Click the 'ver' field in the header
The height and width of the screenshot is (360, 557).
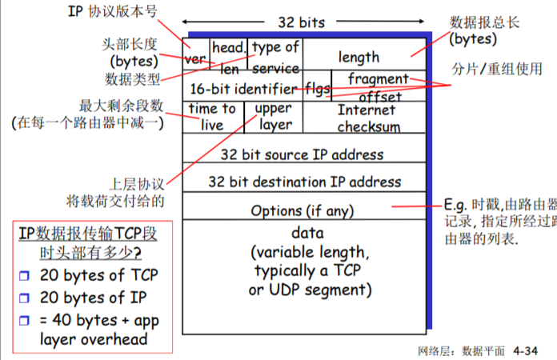[194, 58]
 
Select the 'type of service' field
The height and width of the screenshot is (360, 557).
[276, 58]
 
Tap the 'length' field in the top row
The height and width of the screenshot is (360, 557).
[359, 58]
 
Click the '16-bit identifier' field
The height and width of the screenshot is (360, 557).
[242, 86]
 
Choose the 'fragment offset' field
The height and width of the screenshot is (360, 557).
[378, 85]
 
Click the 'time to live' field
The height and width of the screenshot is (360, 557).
[212, 116]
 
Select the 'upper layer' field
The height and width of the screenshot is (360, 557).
[273, 116]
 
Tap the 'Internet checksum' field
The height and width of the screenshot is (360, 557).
[367, 118]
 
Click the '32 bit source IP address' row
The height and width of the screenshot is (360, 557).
[303, 154]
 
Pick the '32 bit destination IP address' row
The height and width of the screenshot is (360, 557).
[303, 182]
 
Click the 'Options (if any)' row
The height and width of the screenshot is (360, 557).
[303, 210]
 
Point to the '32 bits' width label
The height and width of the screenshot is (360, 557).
[301, 22]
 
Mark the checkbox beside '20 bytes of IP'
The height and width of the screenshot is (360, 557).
[24, 298]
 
